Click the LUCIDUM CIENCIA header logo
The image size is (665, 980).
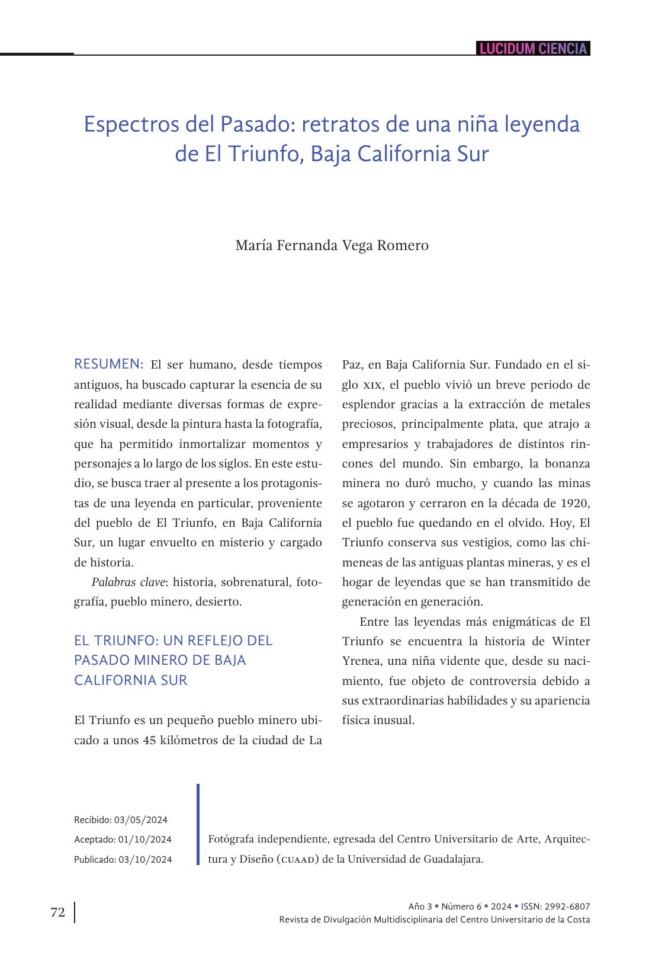click(533, 49)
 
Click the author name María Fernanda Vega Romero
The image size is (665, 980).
click(332, 245)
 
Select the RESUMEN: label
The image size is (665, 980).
click(108, 364)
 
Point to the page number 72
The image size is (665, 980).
click(57, 912)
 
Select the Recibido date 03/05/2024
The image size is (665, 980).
click(141, 820)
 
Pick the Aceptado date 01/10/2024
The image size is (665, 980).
click(145, 840)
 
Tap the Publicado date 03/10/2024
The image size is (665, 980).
click(146, 859)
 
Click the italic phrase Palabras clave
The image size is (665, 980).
click(128, 582)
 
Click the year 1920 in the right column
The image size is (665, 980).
click(574, 503)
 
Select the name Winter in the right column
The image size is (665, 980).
click(570, 641)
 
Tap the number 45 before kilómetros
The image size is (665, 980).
click(151, 740)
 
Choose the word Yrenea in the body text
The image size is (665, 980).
click(361, 661)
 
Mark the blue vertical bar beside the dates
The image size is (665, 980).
click(198, 824)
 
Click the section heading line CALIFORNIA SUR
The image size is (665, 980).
click(130, 680)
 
